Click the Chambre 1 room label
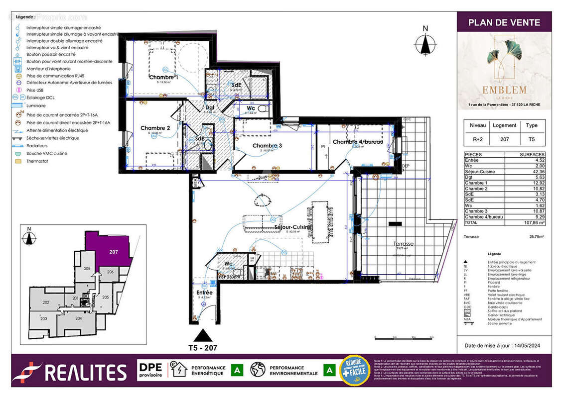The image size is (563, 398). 163,78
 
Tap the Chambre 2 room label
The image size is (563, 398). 155,128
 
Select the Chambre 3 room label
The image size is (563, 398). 267,145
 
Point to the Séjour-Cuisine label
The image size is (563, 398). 293,227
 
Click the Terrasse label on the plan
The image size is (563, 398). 403,244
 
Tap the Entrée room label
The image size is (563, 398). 204,293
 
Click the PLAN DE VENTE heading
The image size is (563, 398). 504,22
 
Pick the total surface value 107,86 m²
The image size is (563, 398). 533,223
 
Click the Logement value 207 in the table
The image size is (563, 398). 504,140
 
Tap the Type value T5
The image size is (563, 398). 532,140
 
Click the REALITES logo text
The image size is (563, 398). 86,372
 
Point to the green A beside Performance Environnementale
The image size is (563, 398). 329,371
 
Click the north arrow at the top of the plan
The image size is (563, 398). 425,43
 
